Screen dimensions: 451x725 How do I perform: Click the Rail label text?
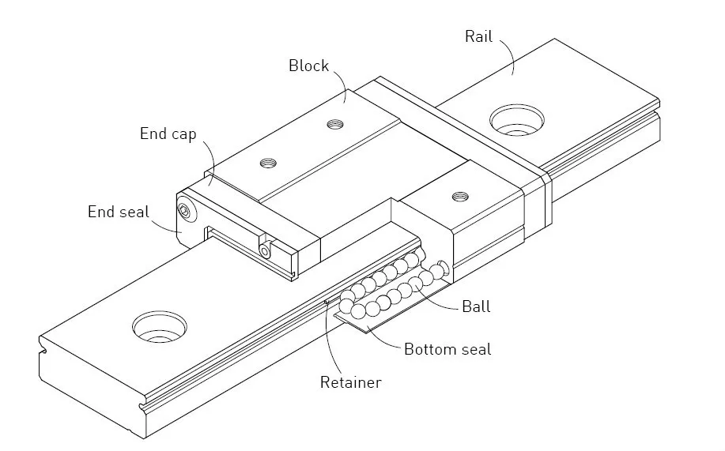(x=479, y=36)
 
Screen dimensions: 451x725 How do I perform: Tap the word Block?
(x=308, y=66)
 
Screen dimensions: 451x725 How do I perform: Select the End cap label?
(x=168, y=133)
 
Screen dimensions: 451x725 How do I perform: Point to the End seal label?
(x=118, y=212)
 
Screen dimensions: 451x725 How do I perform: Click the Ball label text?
(x=476, y=306)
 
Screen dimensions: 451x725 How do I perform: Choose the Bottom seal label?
(x=447, y=348)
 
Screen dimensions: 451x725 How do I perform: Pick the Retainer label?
(x=350, y=383)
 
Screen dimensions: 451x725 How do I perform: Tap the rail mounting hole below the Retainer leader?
(x=160, y=325)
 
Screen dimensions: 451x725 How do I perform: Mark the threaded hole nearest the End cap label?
(x=269, y=163)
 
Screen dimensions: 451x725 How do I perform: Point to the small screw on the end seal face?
(x=185, y=210)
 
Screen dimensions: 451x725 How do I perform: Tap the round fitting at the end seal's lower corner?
(x=265, y=250)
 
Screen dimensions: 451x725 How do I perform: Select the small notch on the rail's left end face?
(x=41, y=344)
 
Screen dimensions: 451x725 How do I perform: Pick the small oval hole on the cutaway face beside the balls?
(x=445, y=266)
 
